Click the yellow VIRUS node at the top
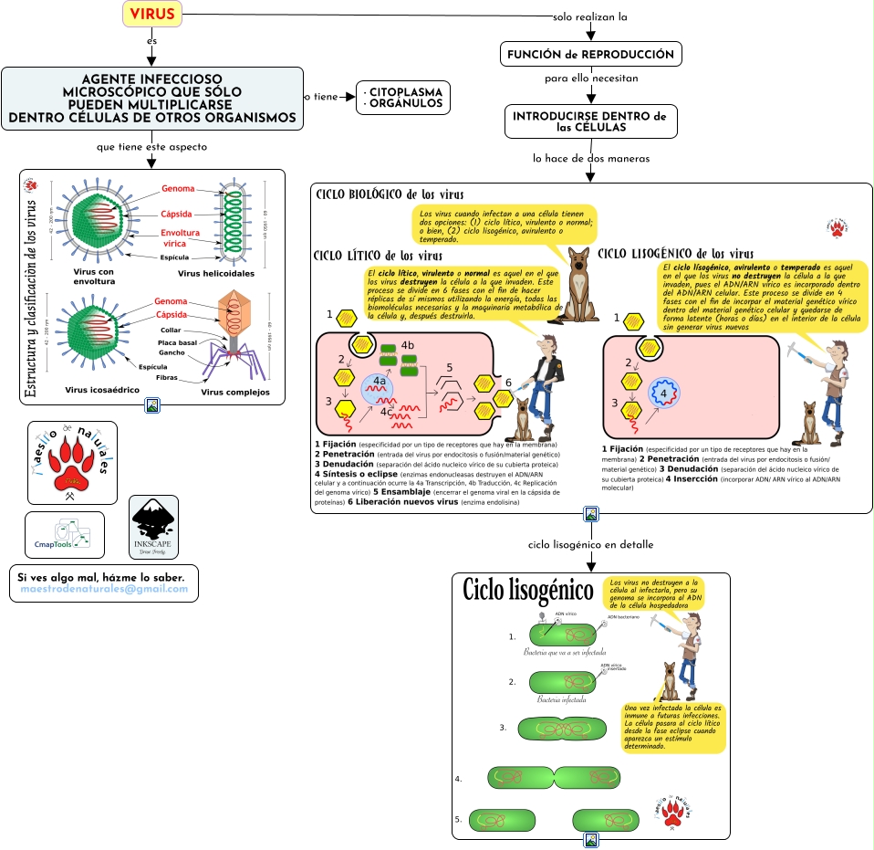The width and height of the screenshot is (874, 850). [x=152, y=14]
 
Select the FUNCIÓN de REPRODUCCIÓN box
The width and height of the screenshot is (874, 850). [x=591, y=55]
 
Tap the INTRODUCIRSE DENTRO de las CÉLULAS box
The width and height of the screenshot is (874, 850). [x=590, y=121]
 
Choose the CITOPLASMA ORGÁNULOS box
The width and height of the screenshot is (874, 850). [x=403, y=98]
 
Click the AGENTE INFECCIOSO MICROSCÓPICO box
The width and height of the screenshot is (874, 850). [x=152, y=99]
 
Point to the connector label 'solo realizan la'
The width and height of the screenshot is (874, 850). [x=590, y=17]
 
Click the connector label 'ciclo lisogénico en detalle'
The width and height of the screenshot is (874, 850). [x=590, y=545]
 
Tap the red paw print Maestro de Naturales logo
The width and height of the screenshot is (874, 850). [x=72, y=462]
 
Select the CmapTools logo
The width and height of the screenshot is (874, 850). [x=64, y=535]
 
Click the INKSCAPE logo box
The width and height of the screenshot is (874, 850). [x=153, y=527]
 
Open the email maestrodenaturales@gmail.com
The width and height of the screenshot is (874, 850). [x=104, y=589]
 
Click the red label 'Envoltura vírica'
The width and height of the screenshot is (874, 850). [x=181, y=238]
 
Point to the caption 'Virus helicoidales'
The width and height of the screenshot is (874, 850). [x=216, y=273]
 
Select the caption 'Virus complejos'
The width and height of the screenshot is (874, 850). [x=235, y=392]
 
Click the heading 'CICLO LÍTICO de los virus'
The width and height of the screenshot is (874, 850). [x=378, y=256]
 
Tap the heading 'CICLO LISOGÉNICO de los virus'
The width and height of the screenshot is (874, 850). [x=675, y=253]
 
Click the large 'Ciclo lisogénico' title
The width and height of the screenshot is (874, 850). [x=528, y=590]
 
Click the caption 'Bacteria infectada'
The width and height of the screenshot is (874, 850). [x=561, y=700]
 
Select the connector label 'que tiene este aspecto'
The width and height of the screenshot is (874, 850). [x=151, y=147]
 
